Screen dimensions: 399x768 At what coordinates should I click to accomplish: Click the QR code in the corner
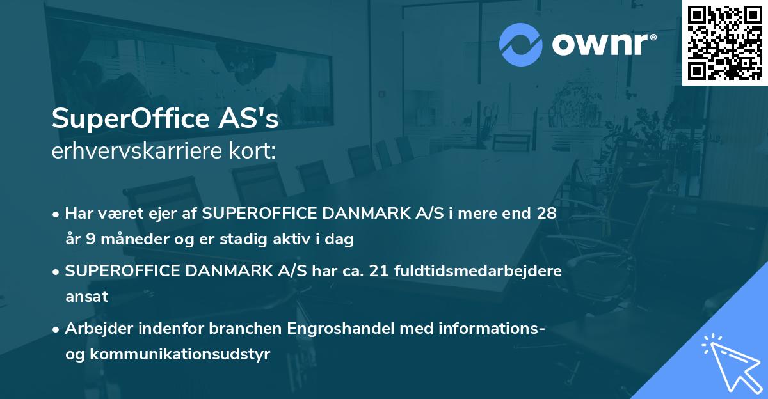(x=724, y=42)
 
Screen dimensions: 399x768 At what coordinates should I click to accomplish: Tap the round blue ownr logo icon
(x=521, y=44)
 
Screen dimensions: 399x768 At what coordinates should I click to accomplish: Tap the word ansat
(x=86, y=297)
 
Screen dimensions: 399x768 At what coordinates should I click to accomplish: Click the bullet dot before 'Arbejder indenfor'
(x=56, y=329)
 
